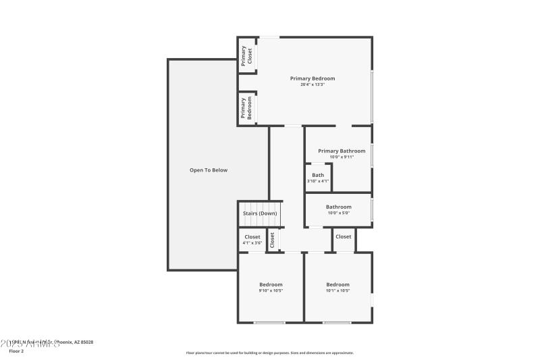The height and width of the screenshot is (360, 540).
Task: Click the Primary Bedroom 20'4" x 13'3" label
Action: (312, 79)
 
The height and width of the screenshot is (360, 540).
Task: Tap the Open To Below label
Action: (208, 170)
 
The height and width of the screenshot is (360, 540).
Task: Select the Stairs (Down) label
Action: (260, 213)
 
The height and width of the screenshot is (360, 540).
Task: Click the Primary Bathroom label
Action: (342, 151)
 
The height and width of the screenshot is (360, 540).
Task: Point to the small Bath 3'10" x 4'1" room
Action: (317, 178)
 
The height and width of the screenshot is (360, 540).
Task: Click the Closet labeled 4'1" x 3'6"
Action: (252, 240)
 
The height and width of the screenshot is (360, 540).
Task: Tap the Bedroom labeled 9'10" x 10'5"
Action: (271, 287)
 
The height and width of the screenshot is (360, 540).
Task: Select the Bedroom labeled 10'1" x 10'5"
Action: (337, 287)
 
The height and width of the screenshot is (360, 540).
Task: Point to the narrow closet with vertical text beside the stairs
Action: (273, 239)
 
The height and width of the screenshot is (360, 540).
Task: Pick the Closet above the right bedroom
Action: (344, 237)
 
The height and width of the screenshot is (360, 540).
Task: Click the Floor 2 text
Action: (16, 351)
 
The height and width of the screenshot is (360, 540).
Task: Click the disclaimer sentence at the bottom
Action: (270, 353)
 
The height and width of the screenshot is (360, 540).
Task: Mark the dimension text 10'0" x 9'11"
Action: (342, 157)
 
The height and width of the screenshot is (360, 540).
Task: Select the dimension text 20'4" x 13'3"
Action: (313, 84)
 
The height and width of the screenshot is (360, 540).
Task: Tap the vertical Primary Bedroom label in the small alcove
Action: (246, 108)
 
